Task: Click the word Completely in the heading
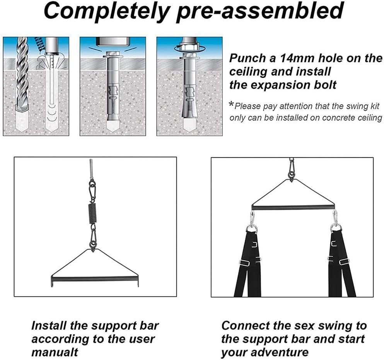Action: coord(107,11)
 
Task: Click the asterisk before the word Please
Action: coord(231,105)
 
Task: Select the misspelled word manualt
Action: coord(55,352)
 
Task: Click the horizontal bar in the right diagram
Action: coord(293,207)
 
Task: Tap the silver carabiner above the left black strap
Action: coord(252,219)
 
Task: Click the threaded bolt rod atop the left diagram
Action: coord(91,169)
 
